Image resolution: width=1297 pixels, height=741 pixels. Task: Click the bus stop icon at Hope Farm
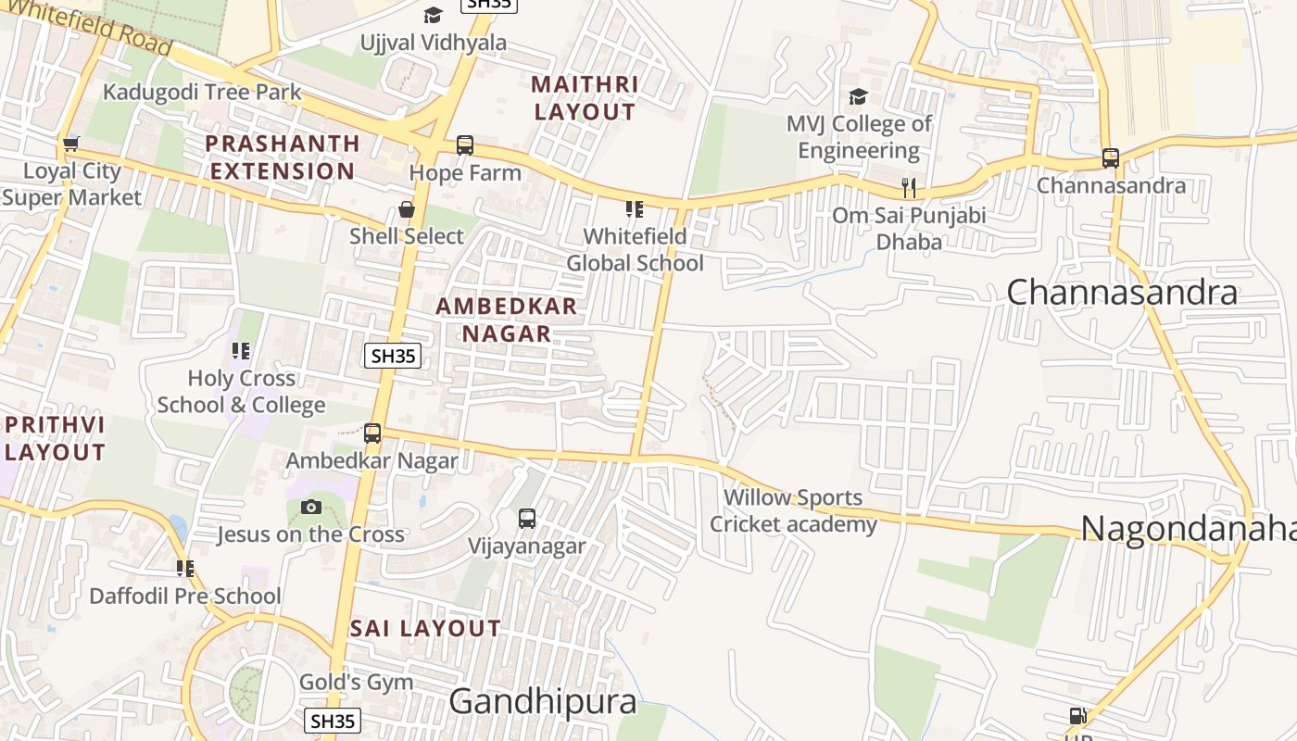tap(465, 145)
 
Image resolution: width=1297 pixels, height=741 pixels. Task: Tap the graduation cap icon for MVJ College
tap(858, 96)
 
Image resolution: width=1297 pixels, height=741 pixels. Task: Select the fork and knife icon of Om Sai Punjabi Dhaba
tap(909, 188)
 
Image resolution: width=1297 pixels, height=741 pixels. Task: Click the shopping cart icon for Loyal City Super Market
tap(70, 144)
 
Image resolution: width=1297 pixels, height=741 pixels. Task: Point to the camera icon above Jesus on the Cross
tap(311, 507)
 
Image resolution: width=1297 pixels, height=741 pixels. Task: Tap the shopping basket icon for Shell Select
tap(406, 209)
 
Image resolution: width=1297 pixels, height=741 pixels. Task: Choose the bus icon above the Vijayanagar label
tap(527, 519)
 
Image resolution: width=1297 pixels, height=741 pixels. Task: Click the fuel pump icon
tap(1077, 715)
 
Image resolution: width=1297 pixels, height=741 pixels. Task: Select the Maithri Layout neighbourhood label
tap(585, 98)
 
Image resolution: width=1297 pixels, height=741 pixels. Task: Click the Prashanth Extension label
tap(283, 157)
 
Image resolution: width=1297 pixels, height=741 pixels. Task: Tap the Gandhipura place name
tap(543, 702)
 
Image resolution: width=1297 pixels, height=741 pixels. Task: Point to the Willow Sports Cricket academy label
tap(793, 511)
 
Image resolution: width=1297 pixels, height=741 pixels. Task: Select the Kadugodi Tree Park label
tap(202, 92)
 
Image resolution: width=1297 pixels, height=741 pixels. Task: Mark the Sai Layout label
tap(425, 628)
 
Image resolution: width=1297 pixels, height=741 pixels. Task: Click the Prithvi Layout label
tap(55, 438)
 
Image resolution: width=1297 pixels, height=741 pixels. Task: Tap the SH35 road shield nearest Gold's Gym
tap(333, 721)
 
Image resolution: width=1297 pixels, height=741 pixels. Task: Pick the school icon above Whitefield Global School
tap(635, 209)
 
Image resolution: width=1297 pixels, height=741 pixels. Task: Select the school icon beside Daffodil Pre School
tap(185, 568)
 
